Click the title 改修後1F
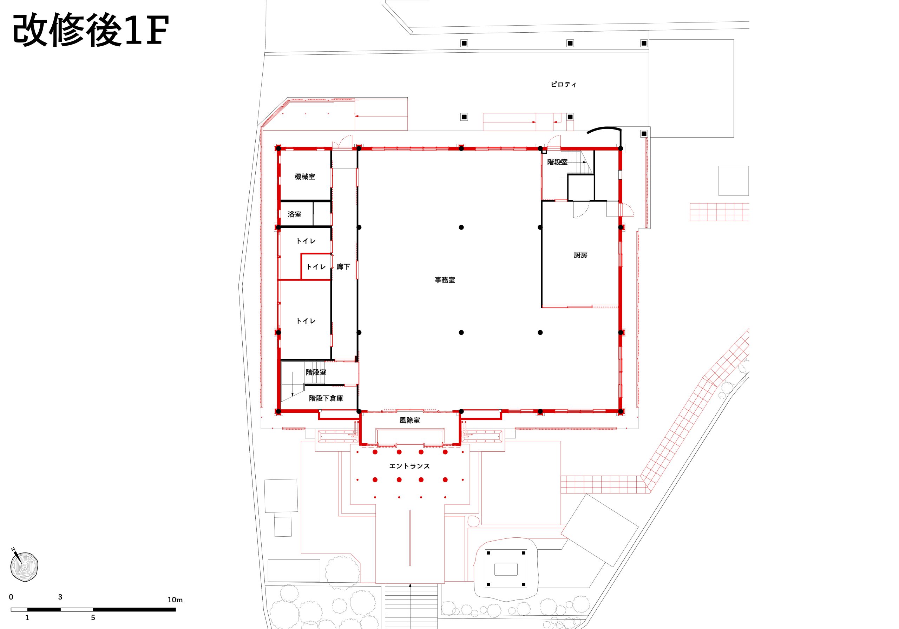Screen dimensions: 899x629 point(91,30)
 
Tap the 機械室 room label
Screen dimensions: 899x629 point(304,177)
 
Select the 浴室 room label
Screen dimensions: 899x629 point(294,214)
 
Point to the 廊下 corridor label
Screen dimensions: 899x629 point(343,266)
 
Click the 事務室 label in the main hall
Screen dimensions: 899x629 point(445,280)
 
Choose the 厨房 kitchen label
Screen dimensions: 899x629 point(580,255)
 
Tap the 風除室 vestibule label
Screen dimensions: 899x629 point(409,420)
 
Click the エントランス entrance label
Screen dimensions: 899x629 point(409,466)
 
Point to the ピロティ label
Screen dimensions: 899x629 point(563,84)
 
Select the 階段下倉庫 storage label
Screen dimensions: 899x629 point(326,398)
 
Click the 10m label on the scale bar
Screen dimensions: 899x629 point(175,600)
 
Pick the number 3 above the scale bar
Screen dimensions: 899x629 point(60,597)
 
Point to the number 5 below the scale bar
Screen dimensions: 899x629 point(93,618)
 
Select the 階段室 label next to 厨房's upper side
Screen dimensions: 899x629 point(557,162)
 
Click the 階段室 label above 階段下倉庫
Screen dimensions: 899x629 point(316,372)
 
